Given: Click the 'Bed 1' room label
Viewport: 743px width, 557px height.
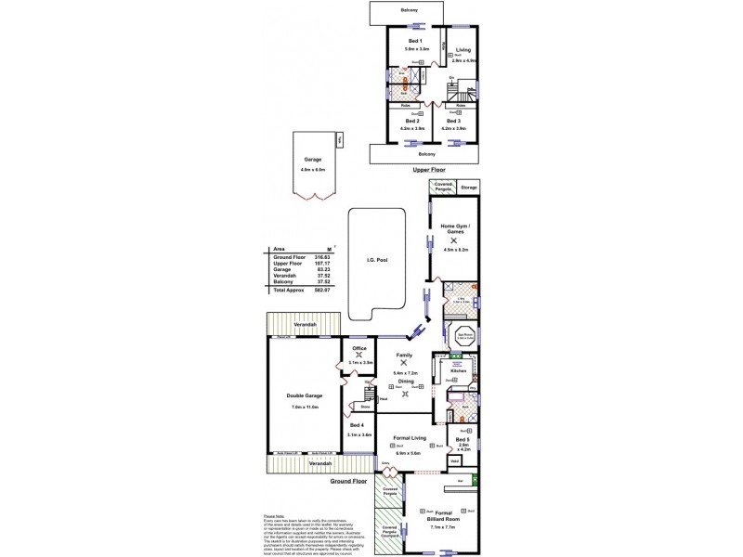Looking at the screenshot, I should pos(414,42).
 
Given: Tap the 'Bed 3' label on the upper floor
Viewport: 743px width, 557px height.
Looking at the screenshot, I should pos(452,121).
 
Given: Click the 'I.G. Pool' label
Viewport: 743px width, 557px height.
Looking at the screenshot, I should pos(376,261).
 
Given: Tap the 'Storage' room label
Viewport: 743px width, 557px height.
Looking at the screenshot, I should pos(469,188).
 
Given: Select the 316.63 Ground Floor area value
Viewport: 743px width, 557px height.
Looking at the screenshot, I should pos(323,256).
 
